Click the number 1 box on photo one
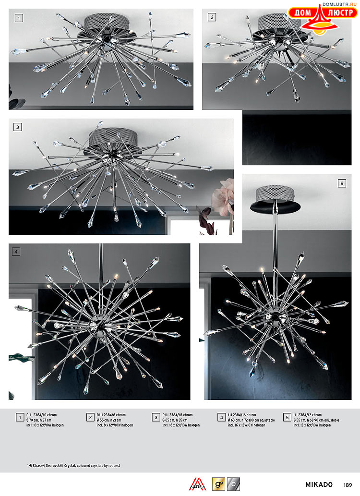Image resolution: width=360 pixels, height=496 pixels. (x=19, y=18)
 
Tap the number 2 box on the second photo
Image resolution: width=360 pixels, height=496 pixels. (x=212, y=17)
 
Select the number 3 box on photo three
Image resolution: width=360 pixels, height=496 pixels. (x=17, y=127)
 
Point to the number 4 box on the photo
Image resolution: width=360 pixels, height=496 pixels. (x=16, y=252)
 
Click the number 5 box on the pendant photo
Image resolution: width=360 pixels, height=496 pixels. (x=342, y=183)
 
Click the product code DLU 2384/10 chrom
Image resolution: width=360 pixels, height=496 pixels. (x=41, y=415)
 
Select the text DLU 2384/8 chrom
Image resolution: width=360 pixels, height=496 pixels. (x=111, y=415)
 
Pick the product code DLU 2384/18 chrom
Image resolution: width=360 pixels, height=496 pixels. (x=178, y=415)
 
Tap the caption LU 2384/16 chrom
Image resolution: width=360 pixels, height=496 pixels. (x=242, y=415)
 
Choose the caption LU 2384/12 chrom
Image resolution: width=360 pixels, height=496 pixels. (x=308, y=415)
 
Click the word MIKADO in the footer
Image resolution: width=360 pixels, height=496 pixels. (x=319, y=484)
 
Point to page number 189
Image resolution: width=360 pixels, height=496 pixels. (x=348, y=484)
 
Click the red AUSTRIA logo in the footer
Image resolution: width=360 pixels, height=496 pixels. (x=197, y=484)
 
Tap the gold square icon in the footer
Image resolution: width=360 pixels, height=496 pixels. (x=218, y=484)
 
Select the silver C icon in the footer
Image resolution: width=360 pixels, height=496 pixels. (x=233, y=484)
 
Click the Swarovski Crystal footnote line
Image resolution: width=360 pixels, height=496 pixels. (x=74, y=466)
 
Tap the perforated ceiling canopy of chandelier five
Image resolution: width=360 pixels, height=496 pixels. (x=275, y=193)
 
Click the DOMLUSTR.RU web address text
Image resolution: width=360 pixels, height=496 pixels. (x=339, y=4)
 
